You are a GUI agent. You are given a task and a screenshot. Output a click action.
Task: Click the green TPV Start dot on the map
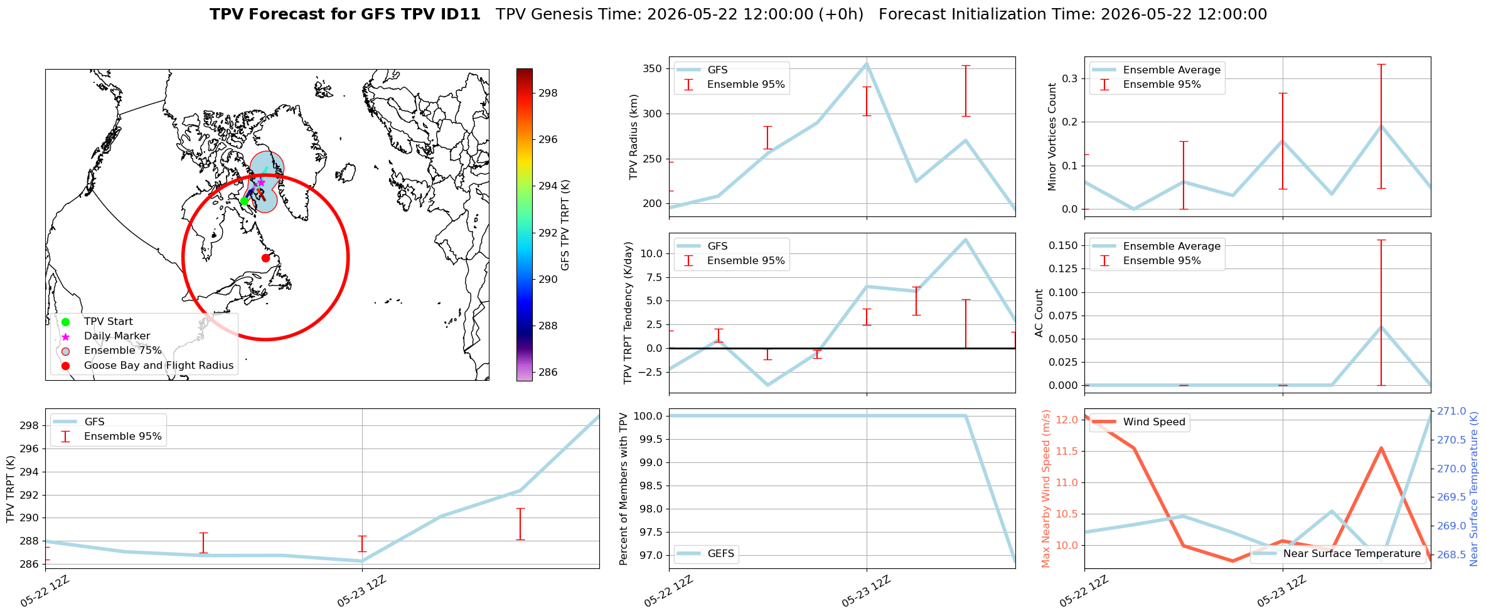point(244,201)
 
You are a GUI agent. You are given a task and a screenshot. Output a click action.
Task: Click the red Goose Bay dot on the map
point(265,258)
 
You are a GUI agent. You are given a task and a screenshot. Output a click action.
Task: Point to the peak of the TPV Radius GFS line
point(867,63)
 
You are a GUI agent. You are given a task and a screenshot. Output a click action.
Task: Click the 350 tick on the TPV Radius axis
point(653,69)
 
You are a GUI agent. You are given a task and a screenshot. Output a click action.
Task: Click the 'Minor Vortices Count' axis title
point(1052,137)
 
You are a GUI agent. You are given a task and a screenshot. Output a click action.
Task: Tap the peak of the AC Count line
point(1381,326)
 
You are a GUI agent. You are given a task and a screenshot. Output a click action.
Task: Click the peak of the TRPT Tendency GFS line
point(965,239)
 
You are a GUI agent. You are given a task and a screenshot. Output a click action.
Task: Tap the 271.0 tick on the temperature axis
point(1451,412)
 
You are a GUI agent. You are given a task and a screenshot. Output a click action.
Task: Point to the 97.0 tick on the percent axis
point(650,556)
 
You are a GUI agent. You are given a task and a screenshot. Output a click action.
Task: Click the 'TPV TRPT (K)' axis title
point(11,489)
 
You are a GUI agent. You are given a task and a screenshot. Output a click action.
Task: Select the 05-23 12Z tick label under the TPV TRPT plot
point(361,592)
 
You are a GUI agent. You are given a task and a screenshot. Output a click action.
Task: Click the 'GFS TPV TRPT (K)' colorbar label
point(565,225)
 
